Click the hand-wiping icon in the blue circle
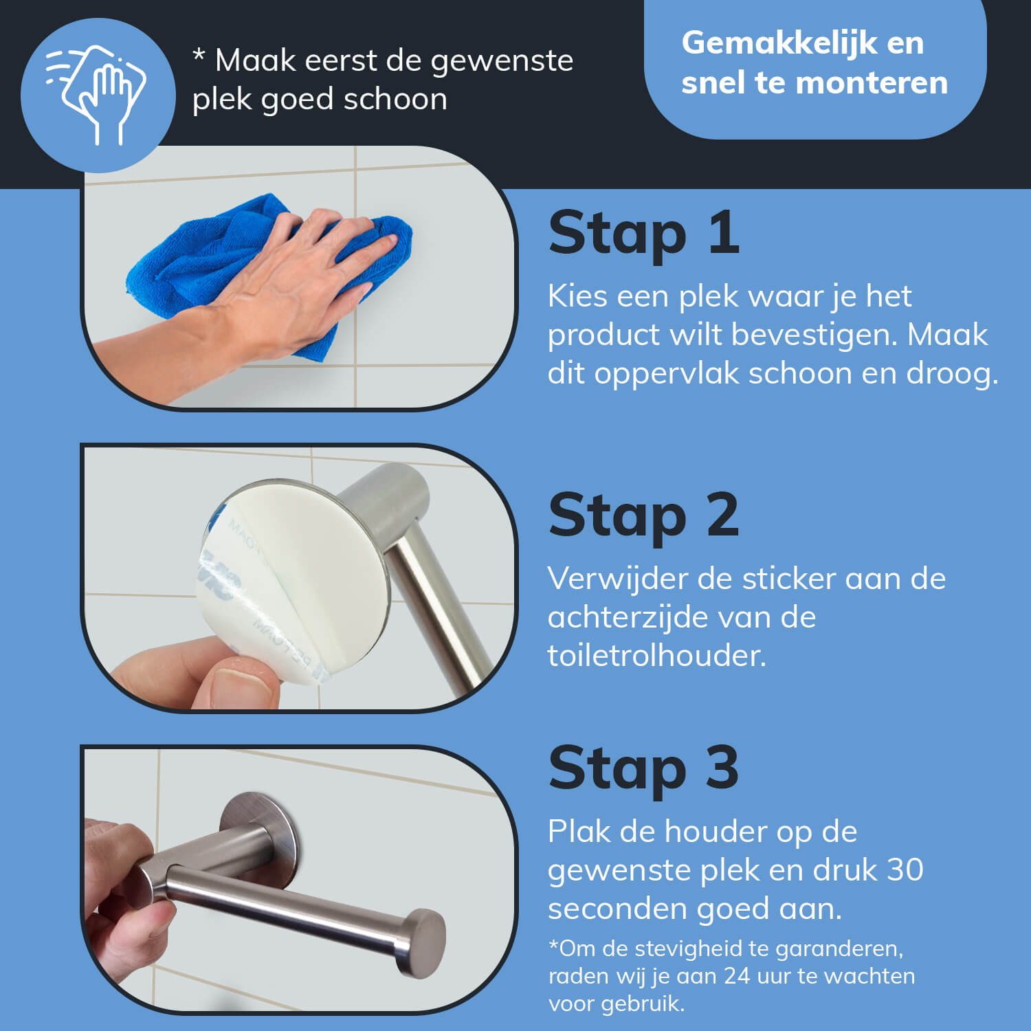pyautogui.click(x=96, y=95)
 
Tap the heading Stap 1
pyautogui.click(x=644, y=234)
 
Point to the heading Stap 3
pyautogui.click(x=644, y=769)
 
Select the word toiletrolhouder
pyautogui.click(x=656, y=656)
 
